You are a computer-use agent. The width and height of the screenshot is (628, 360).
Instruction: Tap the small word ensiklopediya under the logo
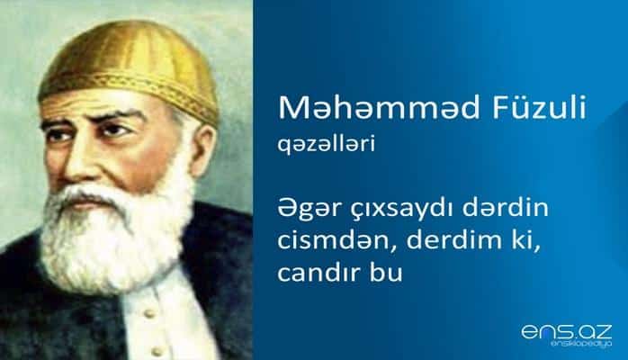point(579,346)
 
